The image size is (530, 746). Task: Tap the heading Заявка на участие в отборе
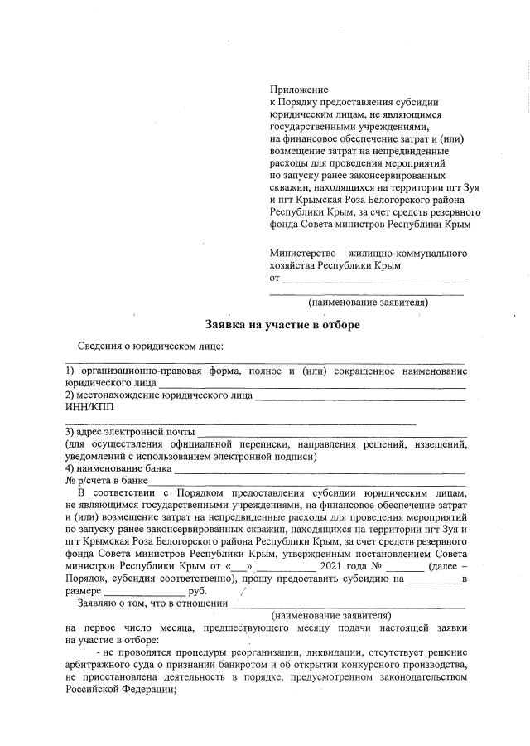click(282, 324)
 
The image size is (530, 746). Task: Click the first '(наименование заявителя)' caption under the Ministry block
click(367, 303)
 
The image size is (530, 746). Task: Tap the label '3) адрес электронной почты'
click(130, 432)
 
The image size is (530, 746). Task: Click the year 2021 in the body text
click(332, 567)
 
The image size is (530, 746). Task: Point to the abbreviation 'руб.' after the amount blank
click(198, 591)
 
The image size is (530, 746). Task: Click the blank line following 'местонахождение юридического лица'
click(360, 395)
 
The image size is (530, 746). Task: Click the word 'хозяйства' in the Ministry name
click(292, 265)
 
